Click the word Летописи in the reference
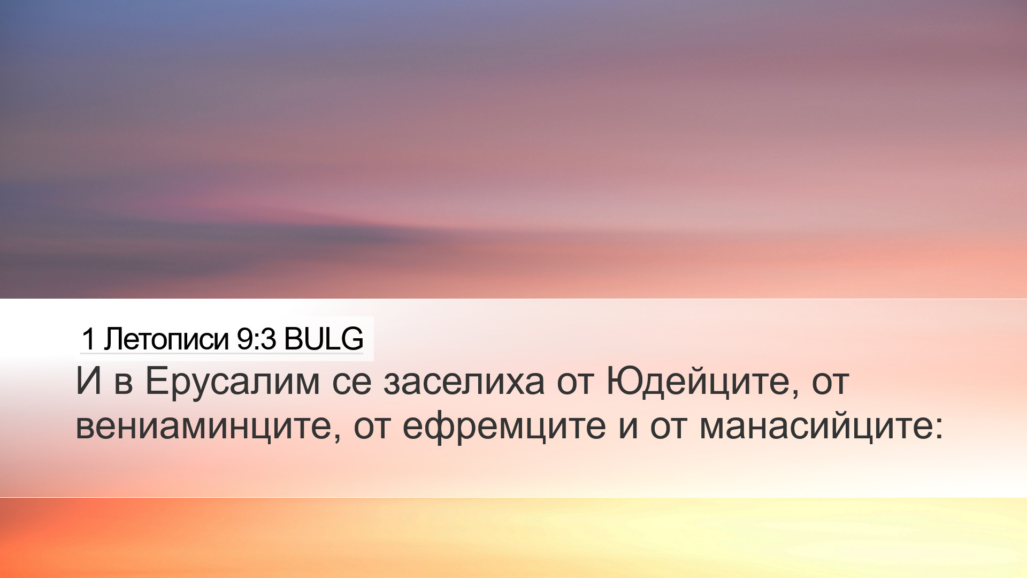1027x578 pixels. (x=166, y=339)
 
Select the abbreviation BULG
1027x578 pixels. (x=324, y=339)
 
